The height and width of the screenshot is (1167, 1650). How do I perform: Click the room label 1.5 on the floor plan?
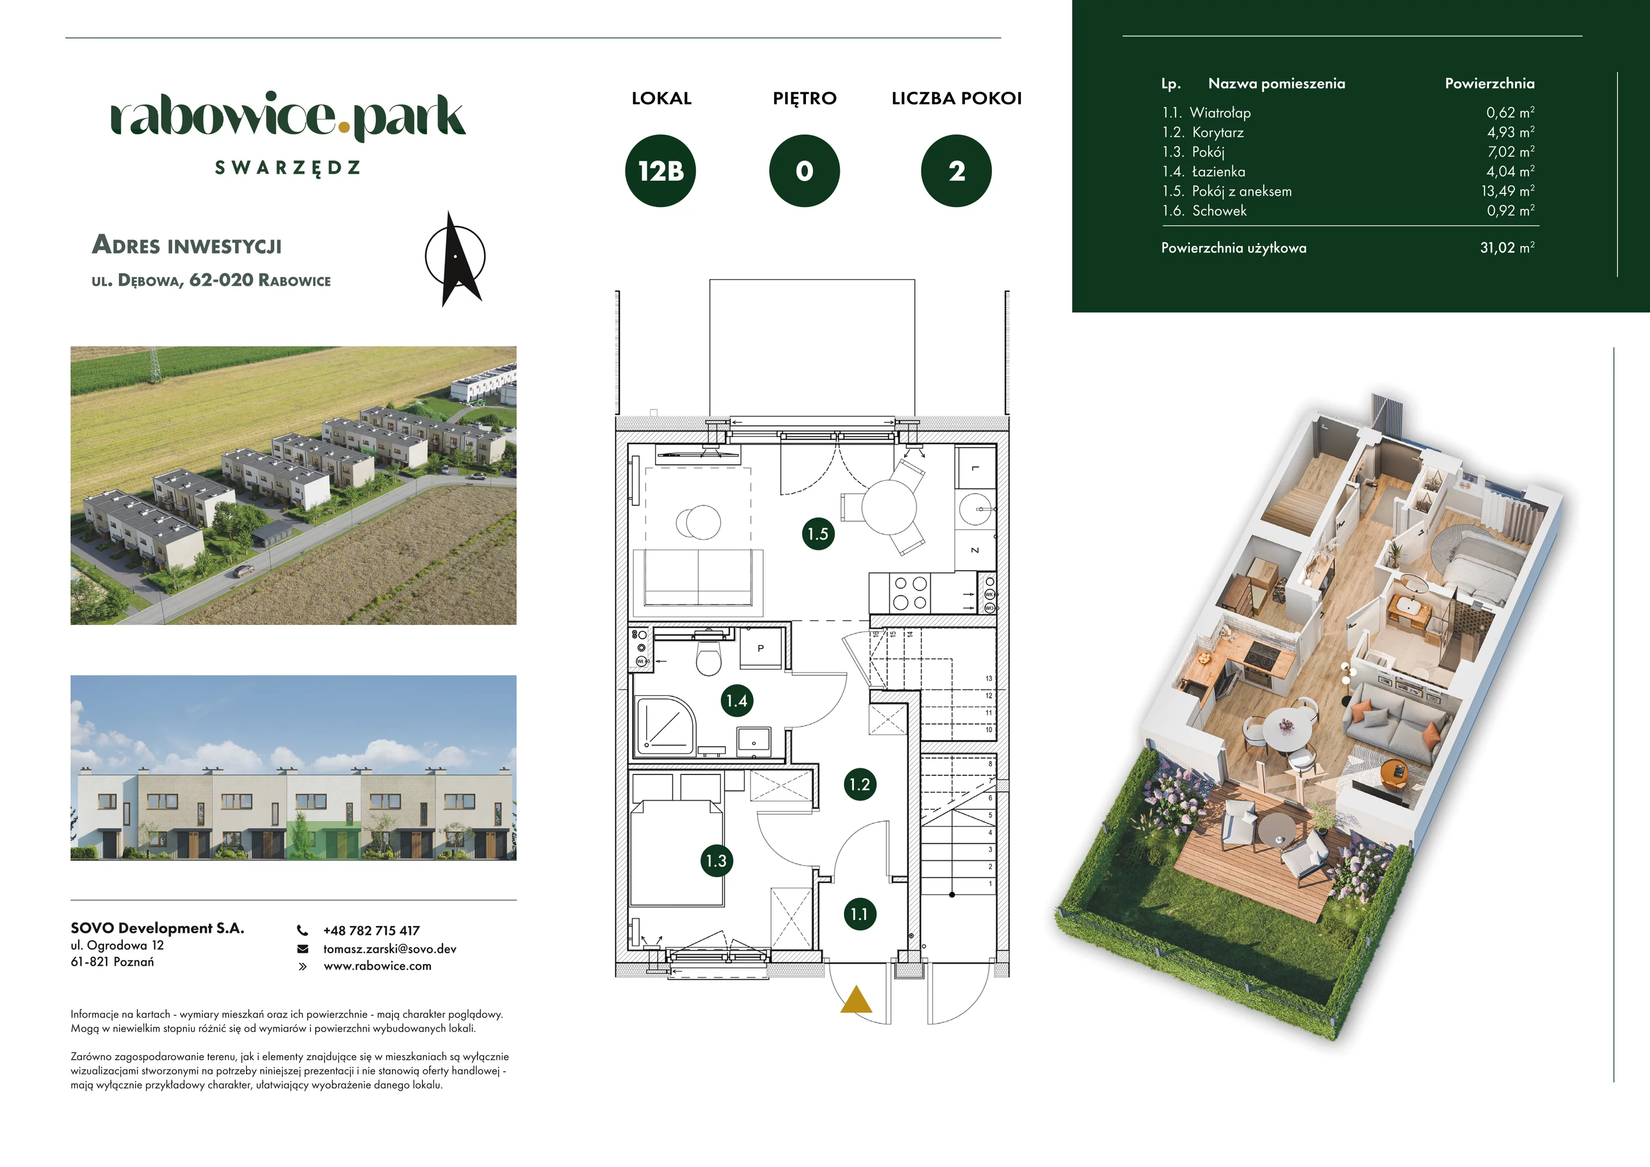pos(818,533)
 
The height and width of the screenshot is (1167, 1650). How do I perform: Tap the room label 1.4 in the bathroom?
pos(737,700)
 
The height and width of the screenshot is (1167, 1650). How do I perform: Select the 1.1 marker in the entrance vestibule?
pos(860,914)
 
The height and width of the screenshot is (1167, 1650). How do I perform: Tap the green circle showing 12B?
pos(661,171)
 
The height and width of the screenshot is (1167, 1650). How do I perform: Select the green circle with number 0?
pos(804,171)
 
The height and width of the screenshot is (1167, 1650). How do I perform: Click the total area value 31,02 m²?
pos(1507,247)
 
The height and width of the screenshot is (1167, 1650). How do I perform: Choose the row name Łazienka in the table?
pos(1219,171)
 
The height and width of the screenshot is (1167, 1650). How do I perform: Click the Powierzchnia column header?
pos(1490,84)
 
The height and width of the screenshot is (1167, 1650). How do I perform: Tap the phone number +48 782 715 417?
pos(372,930)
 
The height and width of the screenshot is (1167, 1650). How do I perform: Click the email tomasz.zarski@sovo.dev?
pos(389,948)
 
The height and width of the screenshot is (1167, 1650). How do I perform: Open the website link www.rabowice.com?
pos(377,966)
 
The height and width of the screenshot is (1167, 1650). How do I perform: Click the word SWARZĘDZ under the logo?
pos(287,168)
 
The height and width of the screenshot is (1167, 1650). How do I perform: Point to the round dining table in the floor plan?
pos(889,508)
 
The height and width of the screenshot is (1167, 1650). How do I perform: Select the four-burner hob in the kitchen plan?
pos(910,593)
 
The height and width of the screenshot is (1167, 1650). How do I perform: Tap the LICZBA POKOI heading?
pos(956,99)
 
